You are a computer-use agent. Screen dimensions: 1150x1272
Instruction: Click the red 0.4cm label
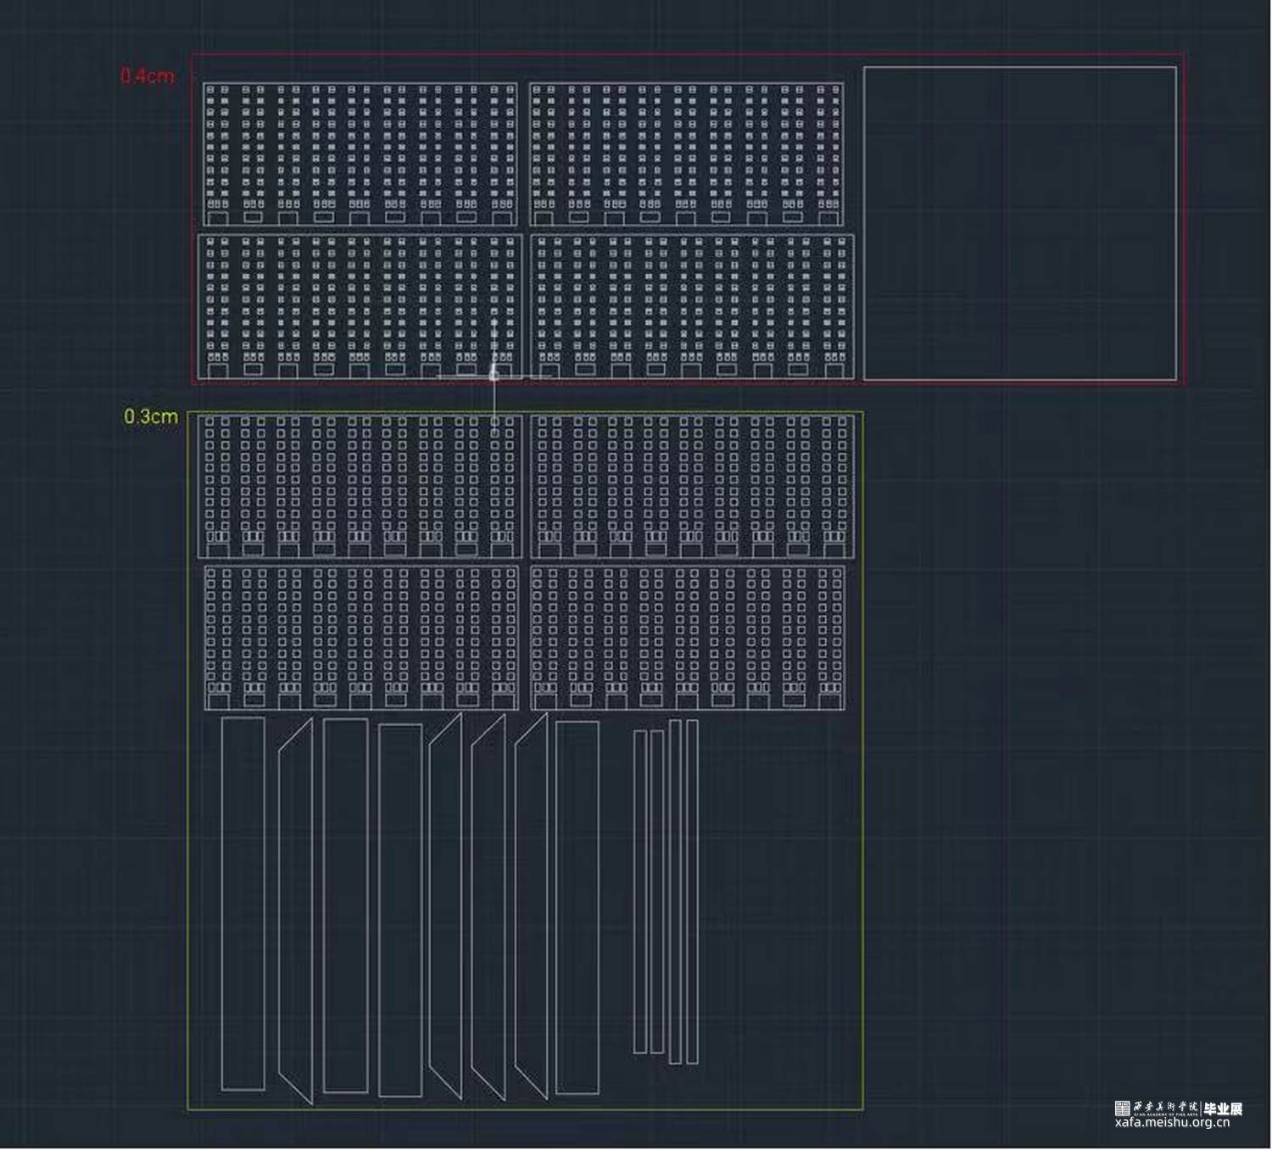(x=148, y=75)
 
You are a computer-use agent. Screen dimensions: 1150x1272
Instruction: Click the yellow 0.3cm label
(x=151, y=416)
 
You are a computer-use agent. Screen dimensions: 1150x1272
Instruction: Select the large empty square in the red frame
(x=1019, y=223)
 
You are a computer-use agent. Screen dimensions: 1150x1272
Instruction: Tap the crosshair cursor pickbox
(x=494, y=373)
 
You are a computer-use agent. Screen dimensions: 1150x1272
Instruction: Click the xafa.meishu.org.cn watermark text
(x=1172, y=1122)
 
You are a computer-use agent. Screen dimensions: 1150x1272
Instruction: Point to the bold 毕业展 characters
(x=1223, y=1108)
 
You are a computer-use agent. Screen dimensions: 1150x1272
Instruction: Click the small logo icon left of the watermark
(x=1122, y=1108)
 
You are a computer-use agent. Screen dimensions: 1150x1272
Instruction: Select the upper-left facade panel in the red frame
(x=360, y=154)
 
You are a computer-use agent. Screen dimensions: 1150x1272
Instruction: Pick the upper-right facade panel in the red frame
(x=686, y=154)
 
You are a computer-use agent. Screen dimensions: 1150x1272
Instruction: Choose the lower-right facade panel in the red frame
(x=692, y=306)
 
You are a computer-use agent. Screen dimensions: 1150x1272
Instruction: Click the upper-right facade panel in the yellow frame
(x=692, y=486)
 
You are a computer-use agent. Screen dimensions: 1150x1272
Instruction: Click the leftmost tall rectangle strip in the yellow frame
(x=243, y=903)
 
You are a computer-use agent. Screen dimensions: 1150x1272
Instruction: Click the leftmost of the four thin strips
(x=640, y=890)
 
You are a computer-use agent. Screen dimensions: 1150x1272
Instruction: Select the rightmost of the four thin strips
(x=692, y=890)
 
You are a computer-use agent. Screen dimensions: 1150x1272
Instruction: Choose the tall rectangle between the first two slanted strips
(x=345, y=905)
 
